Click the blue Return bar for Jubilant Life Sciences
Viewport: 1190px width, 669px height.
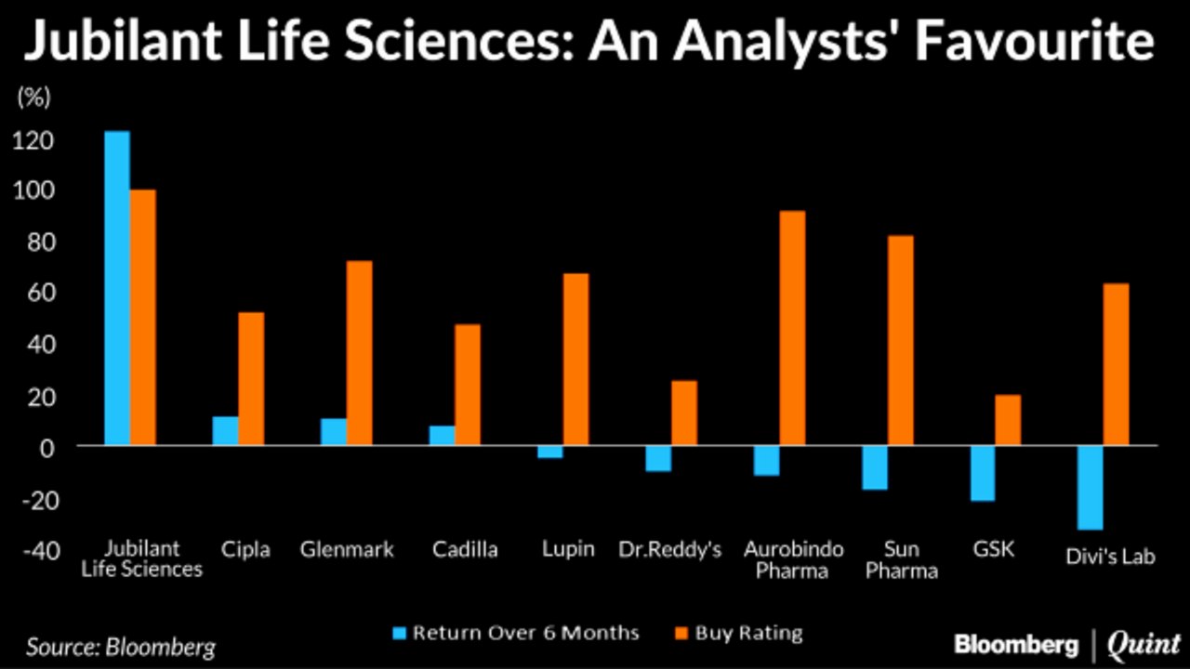pos(117,288)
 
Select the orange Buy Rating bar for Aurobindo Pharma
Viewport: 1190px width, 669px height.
pos(792,328)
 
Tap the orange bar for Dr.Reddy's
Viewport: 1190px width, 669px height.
pos(684,413)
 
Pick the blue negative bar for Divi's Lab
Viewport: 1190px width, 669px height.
pos(1090,488)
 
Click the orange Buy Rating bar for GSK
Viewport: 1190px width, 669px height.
pos(1008,420)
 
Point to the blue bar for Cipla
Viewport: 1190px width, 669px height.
pos(225,431)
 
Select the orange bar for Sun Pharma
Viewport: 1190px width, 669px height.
pos(900,340)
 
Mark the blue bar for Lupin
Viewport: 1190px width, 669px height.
pos(549,453)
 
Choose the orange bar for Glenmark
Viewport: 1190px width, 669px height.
pos(359,353)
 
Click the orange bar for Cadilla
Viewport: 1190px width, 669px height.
pos(468,385)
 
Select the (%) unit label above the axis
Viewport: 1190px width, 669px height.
pos(33,96)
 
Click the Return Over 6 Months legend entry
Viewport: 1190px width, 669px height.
pos(516,634)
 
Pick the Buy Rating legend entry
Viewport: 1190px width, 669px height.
pos(736,634)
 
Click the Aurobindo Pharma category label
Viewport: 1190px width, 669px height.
pos(792,559)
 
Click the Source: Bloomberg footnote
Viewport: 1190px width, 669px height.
pos(120,646)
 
